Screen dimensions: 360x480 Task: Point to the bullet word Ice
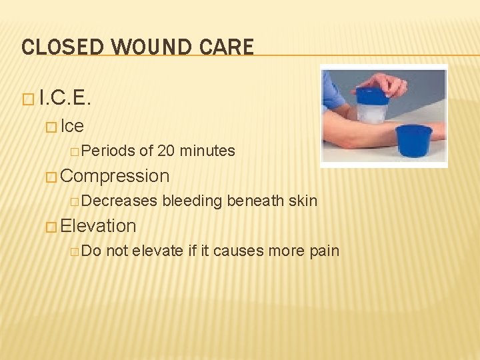72,126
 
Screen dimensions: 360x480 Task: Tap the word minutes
207,151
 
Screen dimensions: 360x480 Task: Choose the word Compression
115,176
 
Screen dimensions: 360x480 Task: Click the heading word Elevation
98,226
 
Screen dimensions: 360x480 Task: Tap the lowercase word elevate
157,251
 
